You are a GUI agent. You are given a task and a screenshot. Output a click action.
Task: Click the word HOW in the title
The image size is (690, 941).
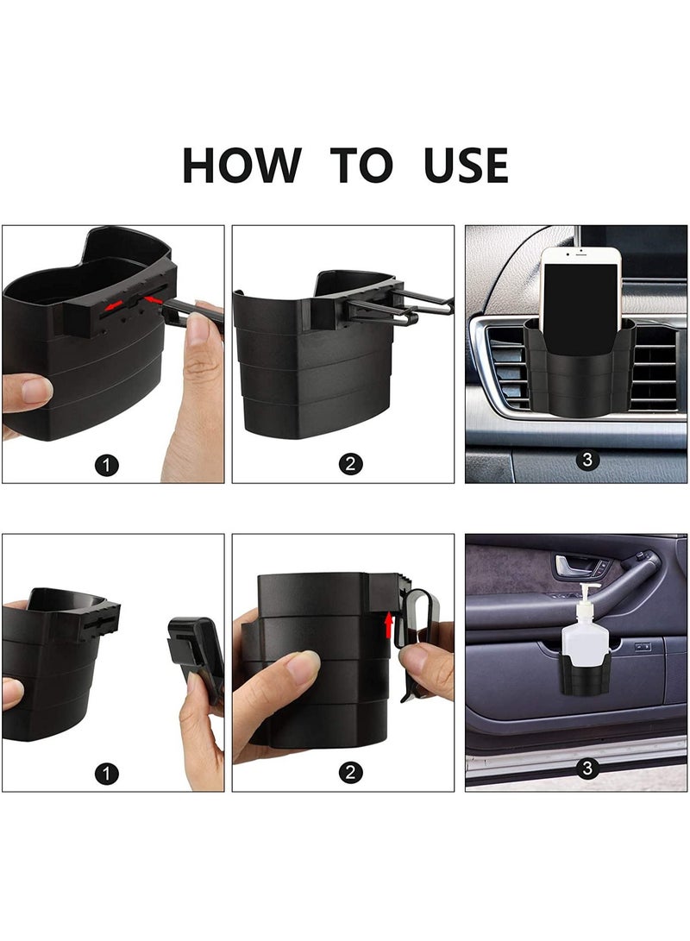[241, 166]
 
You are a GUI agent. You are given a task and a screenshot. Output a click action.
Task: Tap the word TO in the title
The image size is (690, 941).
[361, 166]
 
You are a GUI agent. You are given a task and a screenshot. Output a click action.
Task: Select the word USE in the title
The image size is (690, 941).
[466, 166]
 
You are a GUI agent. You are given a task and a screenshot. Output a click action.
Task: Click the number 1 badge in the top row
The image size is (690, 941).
[107, 465]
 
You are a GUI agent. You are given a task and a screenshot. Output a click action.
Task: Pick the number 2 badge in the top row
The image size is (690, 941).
[349, 465]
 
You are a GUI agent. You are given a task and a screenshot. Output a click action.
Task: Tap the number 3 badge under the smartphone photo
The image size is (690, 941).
[587, 460]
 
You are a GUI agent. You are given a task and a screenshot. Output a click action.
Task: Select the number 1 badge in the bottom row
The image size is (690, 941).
[107, 773]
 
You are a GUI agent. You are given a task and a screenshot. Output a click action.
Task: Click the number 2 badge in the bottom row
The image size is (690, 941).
[349, 773]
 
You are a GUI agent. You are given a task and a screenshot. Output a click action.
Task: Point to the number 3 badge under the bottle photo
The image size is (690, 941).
[587, 768]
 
